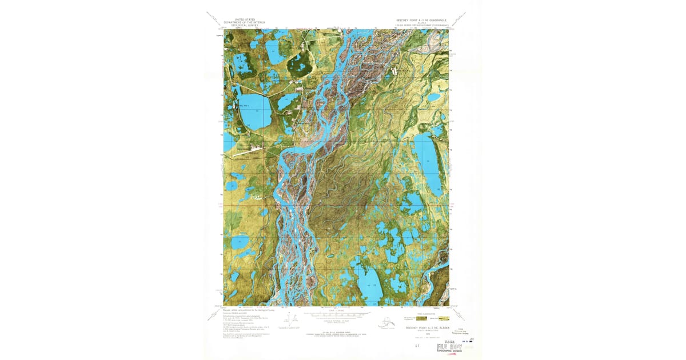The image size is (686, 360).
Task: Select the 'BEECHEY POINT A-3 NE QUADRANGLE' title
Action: [422, 19]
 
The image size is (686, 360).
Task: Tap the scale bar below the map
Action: [336, 314]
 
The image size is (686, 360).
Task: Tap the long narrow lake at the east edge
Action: [429, 163]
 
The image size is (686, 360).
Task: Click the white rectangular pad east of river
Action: [394, 71]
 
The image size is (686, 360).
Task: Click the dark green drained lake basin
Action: [299, 66]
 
